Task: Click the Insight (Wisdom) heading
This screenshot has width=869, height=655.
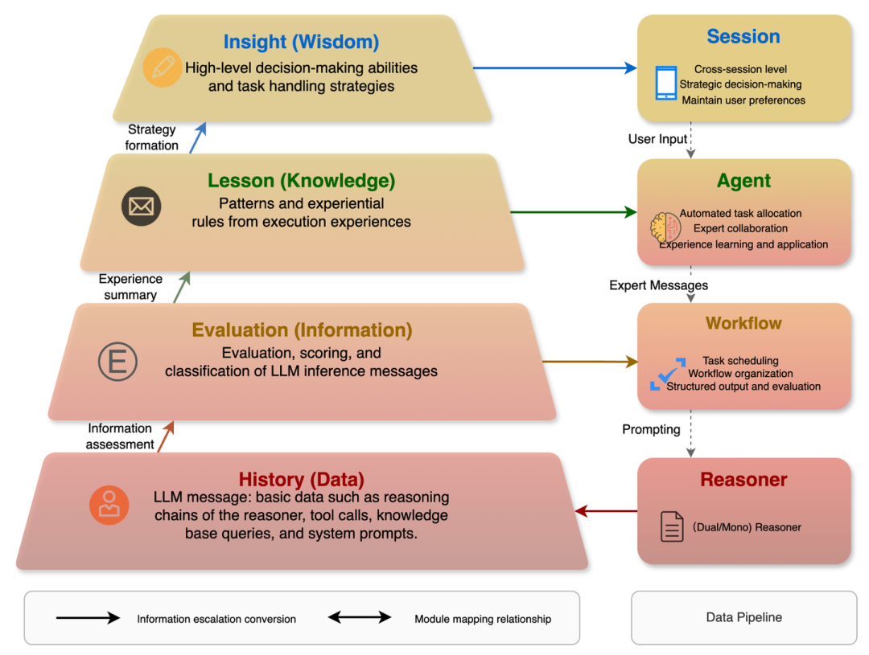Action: (301, 42)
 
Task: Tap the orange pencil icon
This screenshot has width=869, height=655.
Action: (162, 68)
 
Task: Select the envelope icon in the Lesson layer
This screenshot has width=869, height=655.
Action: (142, 207)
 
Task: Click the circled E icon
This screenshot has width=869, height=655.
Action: (117, 362)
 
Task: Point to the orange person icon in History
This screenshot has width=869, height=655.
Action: (109, 506)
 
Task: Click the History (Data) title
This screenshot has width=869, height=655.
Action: (301, 479)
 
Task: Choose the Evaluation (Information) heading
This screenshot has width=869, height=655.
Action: (302, 330)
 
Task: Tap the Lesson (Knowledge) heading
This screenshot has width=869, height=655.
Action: (301, 181)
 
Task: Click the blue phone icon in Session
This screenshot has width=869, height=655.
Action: (665, 83)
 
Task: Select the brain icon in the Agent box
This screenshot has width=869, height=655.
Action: (665, 227)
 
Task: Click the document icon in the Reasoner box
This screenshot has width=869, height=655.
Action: (672, 526)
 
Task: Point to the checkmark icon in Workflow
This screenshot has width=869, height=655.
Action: (668, 374)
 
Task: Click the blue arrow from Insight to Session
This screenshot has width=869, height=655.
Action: (554, 68)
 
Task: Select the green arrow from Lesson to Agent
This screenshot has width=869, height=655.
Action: (574, 212)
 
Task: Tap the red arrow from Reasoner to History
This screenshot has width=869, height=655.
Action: (607, 511)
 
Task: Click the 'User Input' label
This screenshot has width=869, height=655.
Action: (657, 139)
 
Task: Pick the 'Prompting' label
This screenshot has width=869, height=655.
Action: (651, 429)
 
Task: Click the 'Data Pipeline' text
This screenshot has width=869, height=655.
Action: (743, 617)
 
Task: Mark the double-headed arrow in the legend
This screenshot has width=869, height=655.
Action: (360, 617)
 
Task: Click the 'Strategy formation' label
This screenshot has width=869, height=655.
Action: (151, 137)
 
